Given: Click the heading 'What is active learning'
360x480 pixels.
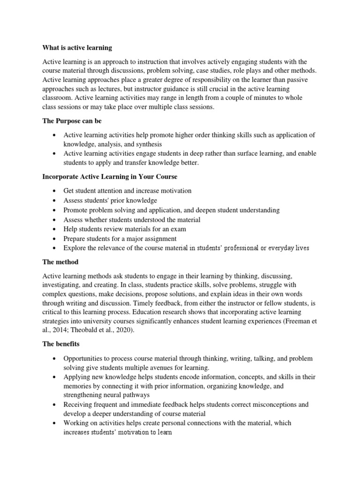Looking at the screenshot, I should point(77,48).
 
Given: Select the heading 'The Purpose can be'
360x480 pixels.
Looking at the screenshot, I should point(71,121).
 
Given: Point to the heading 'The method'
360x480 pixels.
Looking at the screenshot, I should point(60,262).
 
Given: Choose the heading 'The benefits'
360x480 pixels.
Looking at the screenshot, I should point(61,344).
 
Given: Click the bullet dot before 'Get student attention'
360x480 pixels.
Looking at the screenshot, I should point(55,191).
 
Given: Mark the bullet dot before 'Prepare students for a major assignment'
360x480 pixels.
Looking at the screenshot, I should point(55,239).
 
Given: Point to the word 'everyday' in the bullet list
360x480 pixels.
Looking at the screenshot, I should point(279,248).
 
